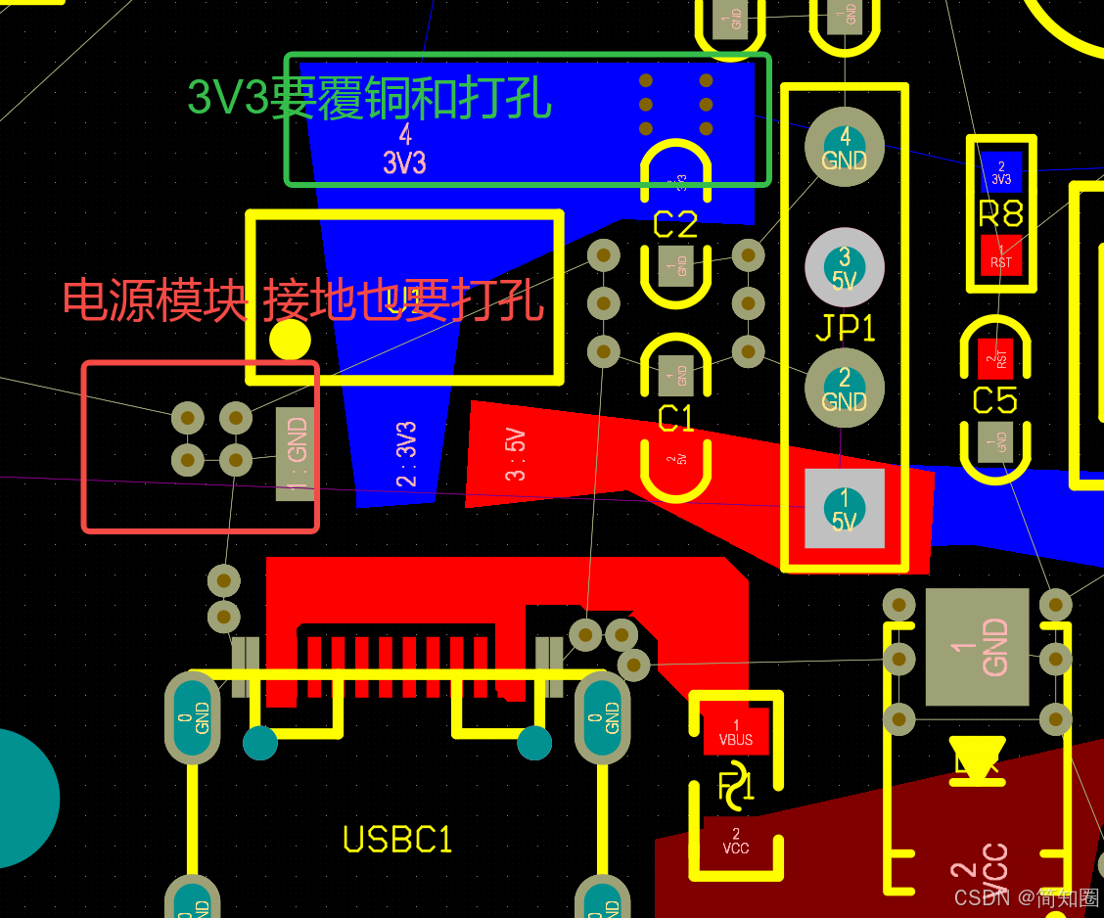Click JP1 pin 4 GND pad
845,147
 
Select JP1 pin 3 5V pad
845,267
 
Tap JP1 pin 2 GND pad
845,389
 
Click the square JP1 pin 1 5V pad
845,509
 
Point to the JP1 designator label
845,328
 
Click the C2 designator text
675,225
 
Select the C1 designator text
675,419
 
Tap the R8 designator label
1000,213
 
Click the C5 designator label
994,400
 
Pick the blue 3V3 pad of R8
1001,172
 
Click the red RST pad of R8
1001,255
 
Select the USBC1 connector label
397,840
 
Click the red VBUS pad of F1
736,732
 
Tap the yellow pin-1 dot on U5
290,340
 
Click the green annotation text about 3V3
370,98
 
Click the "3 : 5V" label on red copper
516,455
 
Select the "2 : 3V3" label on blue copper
406,453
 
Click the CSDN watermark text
1026,897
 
